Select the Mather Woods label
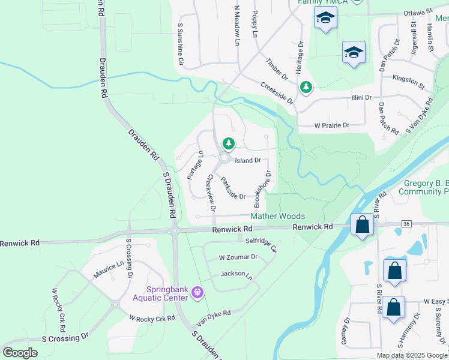pos(277,216)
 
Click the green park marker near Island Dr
pos(228,143)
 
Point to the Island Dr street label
pos(247,160)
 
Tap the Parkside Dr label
pos(233,188)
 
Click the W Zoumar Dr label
pos(238,257)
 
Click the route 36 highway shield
pos(406,223)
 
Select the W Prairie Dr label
pos(332,125)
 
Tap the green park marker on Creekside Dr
pos(306,88)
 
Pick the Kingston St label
pos(408,78)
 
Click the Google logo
pos(20,353)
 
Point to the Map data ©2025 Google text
pos(412,355)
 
